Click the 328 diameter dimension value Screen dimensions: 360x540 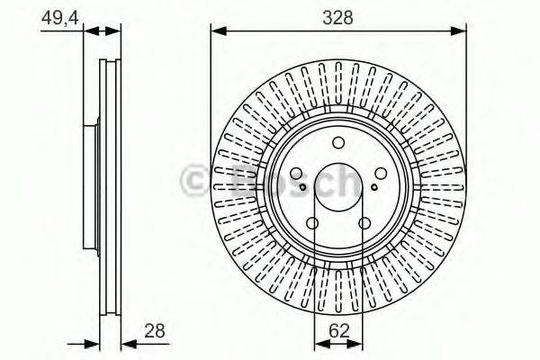point(337,15)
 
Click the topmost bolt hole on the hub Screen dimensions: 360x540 point(337,141)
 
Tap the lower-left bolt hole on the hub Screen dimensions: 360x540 point(312,224)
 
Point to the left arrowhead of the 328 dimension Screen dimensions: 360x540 point(216,31)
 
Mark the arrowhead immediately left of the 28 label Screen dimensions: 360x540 point(126,343)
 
